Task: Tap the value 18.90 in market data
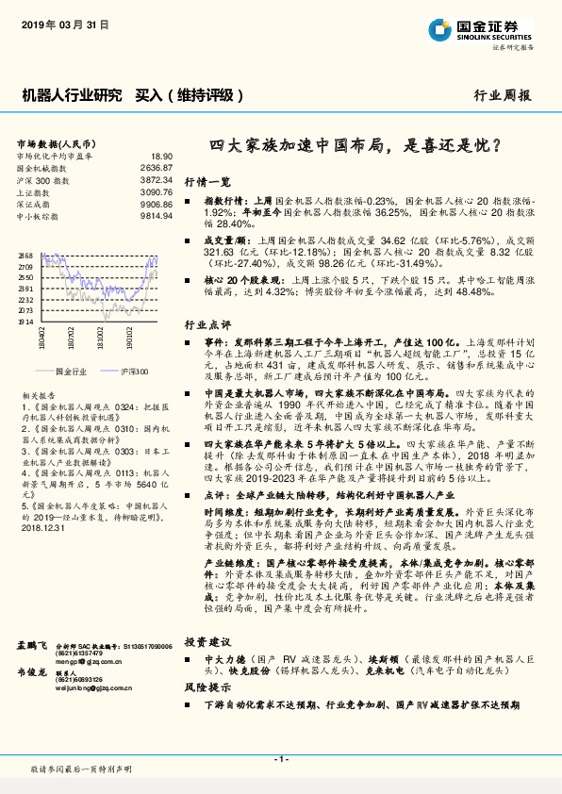click(162, 156)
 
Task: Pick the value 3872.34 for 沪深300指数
click(157, 179)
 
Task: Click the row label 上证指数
click(35, 191)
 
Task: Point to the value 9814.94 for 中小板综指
click(157, 215)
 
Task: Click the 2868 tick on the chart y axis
click(25, 256)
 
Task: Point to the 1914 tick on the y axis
click(25, 322)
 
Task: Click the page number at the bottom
click(281, 758)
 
